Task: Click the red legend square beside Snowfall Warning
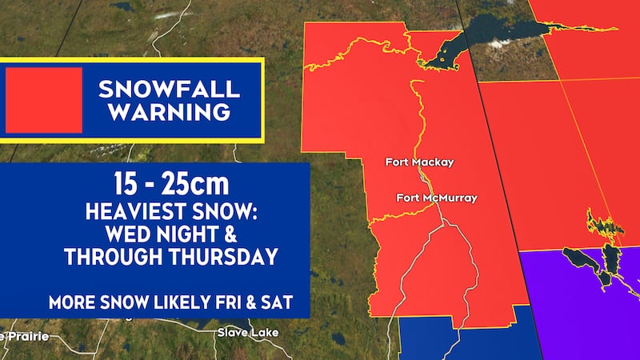44,100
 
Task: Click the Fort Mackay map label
419,162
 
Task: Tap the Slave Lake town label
242,332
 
